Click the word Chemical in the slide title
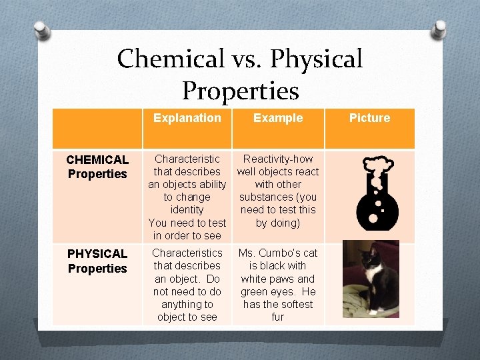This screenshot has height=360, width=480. (x=170, y=59)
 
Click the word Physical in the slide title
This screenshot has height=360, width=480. (x=317, y=59)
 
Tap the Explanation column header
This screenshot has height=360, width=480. (x=187, y=118)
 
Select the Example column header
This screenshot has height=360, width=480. (x=278, y=118)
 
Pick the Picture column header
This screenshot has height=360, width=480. (x=369, y=118)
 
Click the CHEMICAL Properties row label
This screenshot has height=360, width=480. (x=97, y=167)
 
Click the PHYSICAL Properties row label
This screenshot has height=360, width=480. (x=97, y=261)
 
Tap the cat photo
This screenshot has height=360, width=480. (x=370, y=279)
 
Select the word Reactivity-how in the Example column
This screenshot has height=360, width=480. (x=278, y=159)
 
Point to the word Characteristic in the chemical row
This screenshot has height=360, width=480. (x=187, y=159)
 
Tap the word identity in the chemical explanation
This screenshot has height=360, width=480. (x=187, y=210)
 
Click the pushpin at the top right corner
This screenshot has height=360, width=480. (x=439, y=29)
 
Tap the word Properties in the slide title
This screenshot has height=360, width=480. (x=240, y=91)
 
